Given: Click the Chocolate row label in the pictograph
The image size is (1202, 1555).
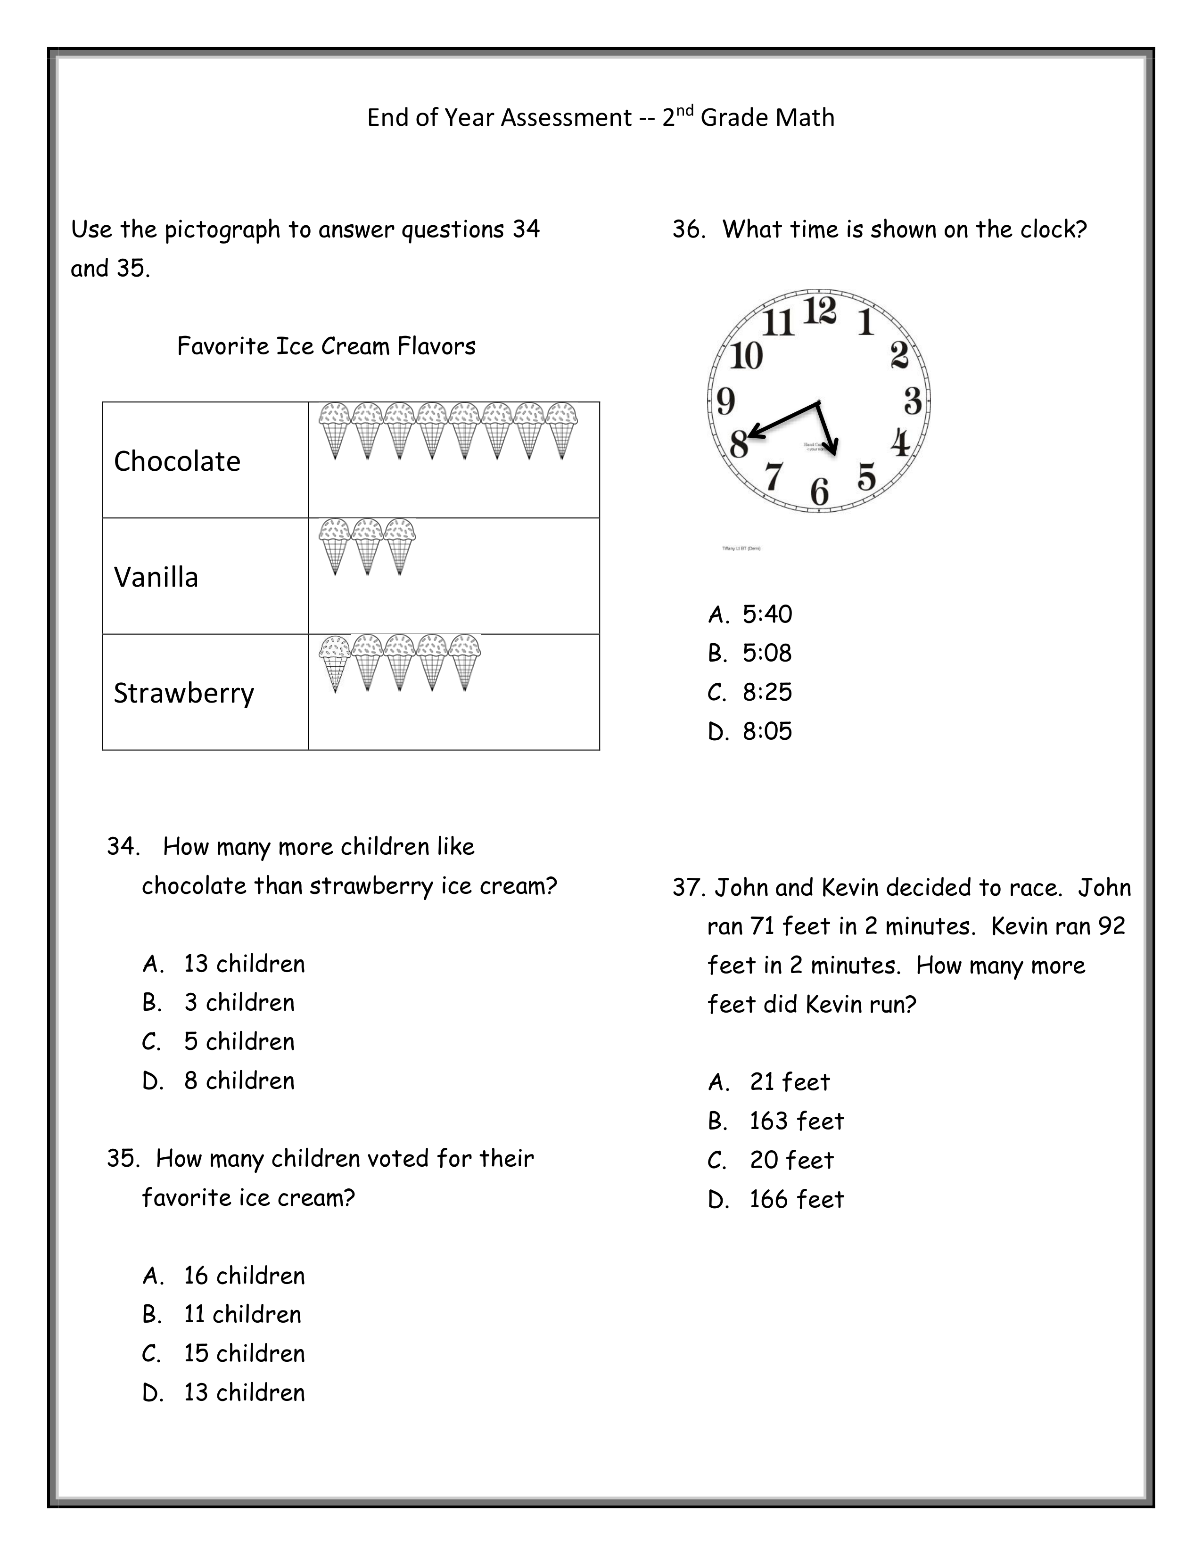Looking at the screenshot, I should click(177, 461).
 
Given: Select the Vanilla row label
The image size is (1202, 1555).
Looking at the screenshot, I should click(156, 577).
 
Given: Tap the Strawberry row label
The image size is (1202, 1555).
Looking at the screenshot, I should click(184, 694).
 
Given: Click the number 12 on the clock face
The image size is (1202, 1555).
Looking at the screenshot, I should click(820, 311).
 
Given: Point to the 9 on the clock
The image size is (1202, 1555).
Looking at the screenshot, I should click(725, 401).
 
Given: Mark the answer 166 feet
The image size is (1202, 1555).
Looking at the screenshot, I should click(796, 1200).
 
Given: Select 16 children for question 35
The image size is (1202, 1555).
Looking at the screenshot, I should click(244, 1276).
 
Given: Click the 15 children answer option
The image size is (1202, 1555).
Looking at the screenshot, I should click(244, 1353).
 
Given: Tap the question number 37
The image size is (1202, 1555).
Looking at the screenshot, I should click(688, 888).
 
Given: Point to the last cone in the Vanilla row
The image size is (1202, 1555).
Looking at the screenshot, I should click(399, 547).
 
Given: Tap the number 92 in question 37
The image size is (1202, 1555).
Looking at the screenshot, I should click(1111, 926).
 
